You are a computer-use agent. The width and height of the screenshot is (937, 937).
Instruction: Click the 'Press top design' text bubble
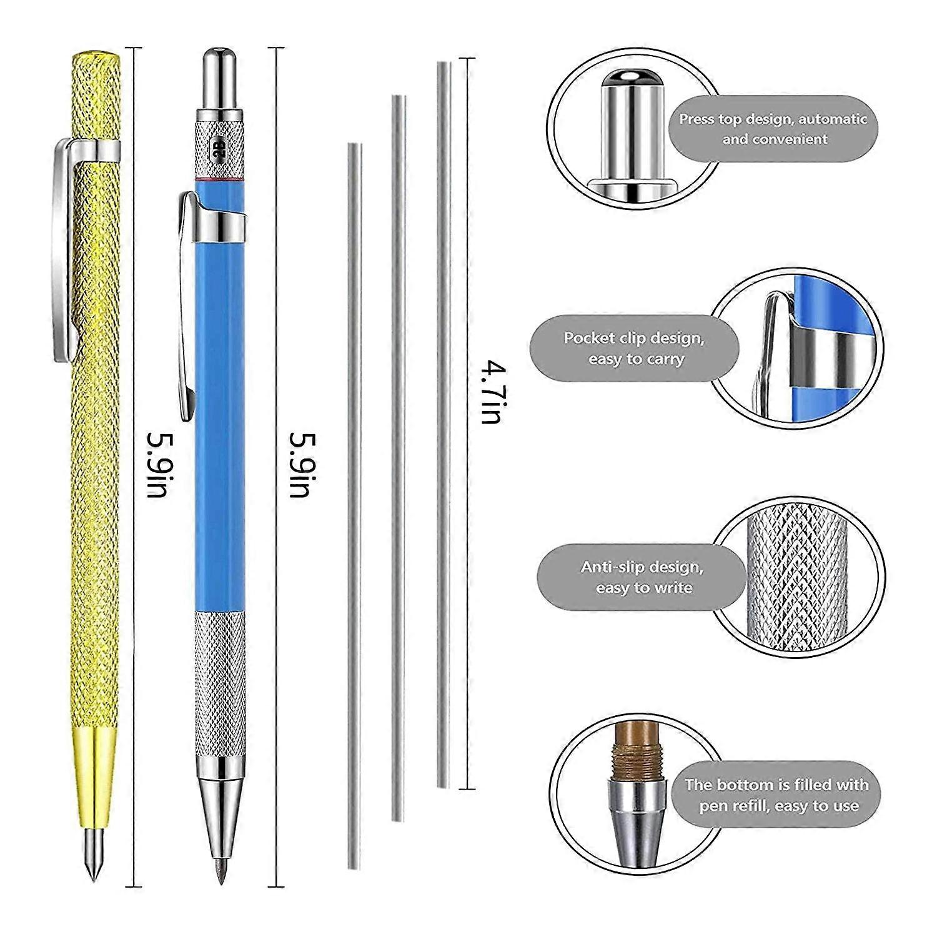tap(773, 129)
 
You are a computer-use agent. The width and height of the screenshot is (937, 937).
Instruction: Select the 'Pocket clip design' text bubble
tap(634, 348)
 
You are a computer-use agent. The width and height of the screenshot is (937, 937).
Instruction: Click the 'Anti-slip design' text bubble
tap(642, 577)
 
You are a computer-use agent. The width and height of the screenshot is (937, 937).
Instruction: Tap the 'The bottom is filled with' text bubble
tap(776, 795)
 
